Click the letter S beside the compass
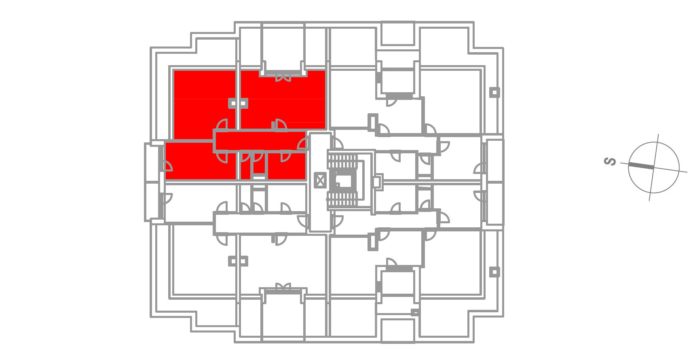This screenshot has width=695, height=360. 610,161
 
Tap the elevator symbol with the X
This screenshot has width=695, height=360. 320,180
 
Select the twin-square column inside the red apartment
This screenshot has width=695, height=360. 238,103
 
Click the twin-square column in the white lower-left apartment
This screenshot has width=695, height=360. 238,261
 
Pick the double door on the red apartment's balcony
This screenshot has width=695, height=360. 283,77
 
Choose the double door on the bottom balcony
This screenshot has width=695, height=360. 283,287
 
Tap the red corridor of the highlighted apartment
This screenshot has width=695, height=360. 261,141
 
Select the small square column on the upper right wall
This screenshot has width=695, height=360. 494,92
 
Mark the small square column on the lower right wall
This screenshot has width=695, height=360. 494,272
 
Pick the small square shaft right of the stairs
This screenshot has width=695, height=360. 376,182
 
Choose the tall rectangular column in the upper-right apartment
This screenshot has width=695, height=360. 373,122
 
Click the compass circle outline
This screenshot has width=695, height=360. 654,142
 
